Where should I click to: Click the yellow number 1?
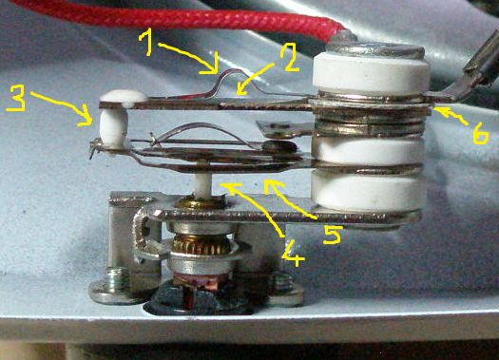pos(148,44)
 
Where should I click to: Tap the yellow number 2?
pos(289,57)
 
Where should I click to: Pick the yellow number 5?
pos(333,235)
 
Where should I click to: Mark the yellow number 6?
pos(480,135)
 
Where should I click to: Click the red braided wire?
pos(179,17)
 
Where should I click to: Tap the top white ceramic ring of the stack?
pos(370,72)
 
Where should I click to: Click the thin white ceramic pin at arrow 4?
pos(202,184)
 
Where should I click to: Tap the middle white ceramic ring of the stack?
pos(368,152)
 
